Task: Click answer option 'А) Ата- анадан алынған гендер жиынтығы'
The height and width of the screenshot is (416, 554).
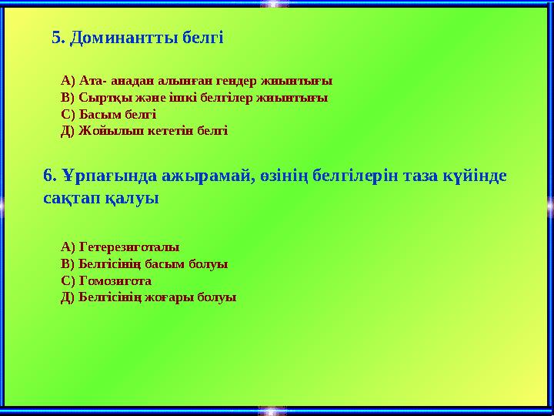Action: pos(196,80)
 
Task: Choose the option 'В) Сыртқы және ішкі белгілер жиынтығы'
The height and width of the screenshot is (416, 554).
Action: pos(194,97)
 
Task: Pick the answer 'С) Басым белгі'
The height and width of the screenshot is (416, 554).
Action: pos(108,114)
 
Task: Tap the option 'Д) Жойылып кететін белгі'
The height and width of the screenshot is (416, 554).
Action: pos(144,130)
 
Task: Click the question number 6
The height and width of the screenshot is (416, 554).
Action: pos(50,176)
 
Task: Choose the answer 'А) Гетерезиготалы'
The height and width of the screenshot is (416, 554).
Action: pos(119,247)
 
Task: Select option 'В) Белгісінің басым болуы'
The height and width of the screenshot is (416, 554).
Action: pos(144,263)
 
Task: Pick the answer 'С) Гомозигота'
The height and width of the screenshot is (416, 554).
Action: pos(105,280)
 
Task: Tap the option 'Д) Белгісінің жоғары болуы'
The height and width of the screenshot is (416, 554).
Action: pos(149,297)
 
